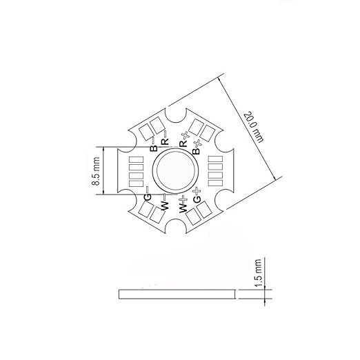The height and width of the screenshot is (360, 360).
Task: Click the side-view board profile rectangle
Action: [x=177, y=293]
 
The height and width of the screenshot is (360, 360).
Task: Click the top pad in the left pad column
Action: [x=135, y=159]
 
